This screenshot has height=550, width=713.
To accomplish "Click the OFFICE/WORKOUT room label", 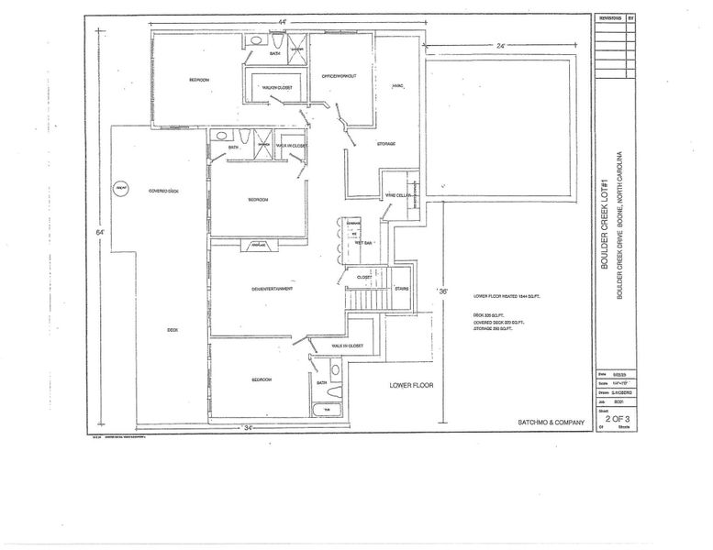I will [x=340, y=75].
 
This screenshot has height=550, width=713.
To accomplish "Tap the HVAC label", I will [x=397, y=86].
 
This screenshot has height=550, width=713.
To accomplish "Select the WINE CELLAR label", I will [x=396, y=195].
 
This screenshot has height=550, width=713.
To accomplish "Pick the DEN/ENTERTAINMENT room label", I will [x=272, y=289].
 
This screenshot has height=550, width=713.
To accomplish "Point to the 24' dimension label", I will [x=501, y=45].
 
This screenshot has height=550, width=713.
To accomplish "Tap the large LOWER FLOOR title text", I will [x=410, y=386].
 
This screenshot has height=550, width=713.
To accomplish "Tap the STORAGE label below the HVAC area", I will [x=385, y=144].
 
